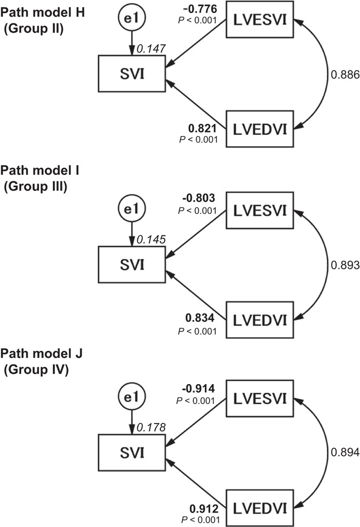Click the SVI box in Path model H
point(131,75)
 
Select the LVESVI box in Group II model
point(260,21)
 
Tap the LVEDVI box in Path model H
point(260,128)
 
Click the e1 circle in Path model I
point(131,208)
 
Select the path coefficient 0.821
point(203,129)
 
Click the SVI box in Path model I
point(131,264)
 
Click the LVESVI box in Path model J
point(260,398)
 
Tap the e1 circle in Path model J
point(131,398)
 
